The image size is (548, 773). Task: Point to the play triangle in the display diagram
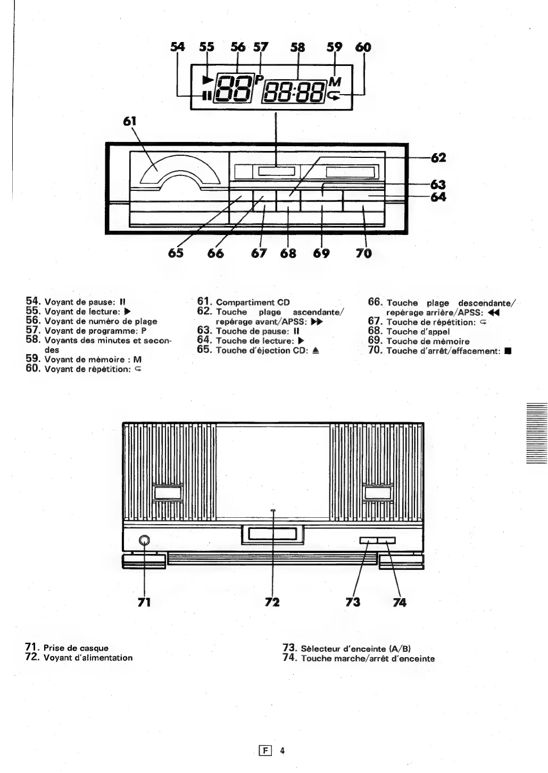coord(207,80)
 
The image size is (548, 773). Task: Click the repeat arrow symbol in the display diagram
coord(334,96)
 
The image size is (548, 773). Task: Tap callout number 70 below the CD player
coord(364,253)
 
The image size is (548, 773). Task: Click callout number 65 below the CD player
coord(176,253)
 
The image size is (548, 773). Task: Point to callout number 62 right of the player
coord(438,158)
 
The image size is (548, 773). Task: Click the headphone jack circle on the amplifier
coord(144,541)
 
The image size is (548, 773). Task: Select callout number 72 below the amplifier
coord(272,602)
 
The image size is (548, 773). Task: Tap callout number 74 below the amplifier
coord(400,602)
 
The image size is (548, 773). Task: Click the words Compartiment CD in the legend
coord(253,303)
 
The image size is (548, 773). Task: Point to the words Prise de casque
coord(76,648)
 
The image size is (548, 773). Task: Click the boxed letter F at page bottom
coord(262,751)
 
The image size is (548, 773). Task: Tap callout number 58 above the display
coord(297,47)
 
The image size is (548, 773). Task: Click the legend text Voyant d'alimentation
coord(88,658)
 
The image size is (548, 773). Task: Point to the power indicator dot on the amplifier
coord(272,510)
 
